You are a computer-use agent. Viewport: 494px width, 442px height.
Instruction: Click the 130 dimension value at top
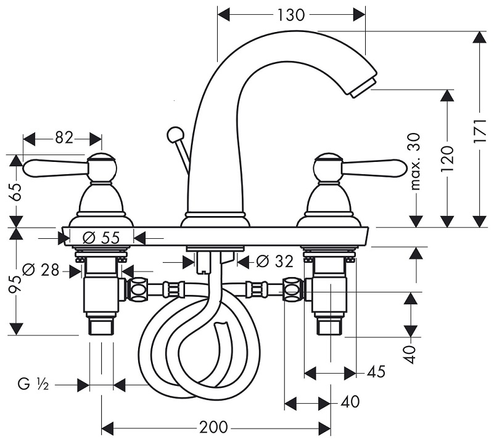292,14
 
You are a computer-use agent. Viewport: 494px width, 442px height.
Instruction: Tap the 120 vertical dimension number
448,158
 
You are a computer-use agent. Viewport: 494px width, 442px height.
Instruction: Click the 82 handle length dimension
64,138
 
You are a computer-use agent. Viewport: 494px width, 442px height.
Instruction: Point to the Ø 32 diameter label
274,262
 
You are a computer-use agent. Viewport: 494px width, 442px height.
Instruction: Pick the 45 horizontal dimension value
376,372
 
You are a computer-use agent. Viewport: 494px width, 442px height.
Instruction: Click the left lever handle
56,166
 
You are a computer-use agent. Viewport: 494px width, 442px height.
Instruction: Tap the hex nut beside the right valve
292,288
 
